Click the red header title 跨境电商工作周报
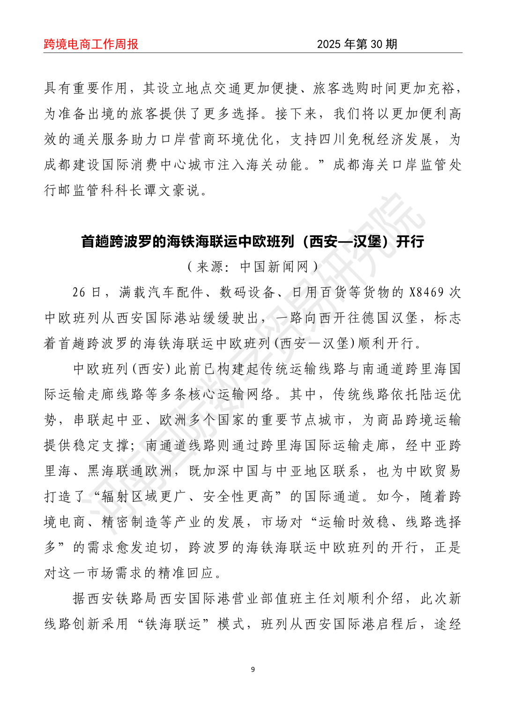tap(91, 44)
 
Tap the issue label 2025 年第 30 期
tap(357, 44)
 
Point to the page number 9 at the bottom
tap(253, 669)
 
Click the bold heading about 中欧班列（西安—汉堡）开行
tap(253, 241)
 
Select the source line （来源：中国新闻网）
tap(253, 267)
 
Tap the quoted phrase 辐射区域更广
tap(145, 496)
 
